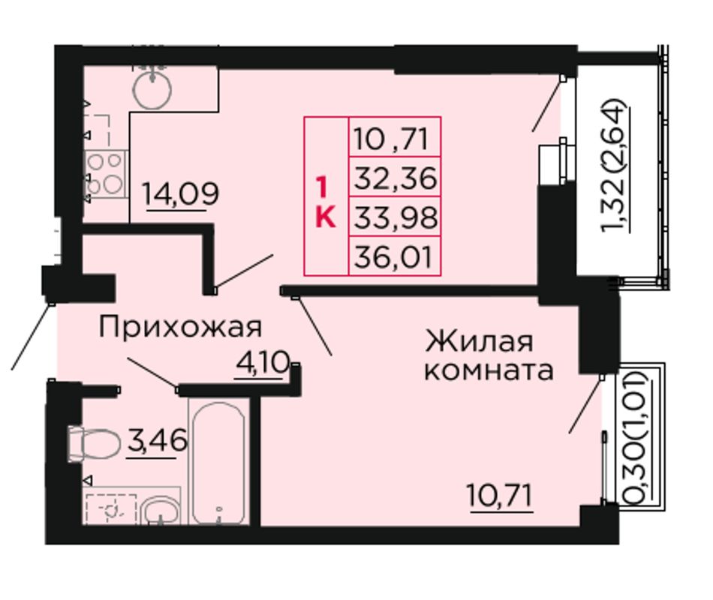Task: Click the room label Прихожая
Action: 180,326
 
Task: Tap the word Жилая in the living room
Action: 480,341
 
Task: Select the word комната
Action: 489,370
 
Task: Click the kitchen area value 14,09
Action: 181,193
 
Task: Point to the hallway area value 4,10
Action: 263,363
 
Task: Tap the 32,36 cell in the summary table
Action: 395,178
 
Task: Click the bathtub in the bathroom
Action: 218,463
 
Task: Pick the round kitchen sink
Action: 152,89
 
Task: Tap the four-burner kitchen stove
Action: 105,175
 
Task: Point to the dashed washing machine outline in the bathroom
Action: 111,509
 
